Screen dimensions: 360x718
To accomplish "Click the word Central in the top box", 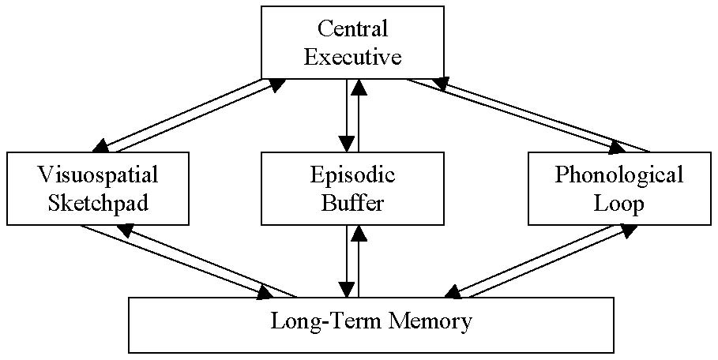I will pos(353,29).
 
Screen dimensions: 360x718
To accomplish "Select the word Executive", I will pos(353,57).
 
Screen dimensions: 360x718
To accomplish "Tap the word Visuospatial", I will pos(98,174).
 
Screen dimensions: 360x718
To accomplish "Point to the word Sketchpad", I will pos(98,203).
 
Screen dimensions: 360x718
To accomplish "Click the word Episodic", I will pos(353,174).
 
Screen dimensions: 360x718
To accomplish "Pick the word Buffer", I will pos(353,203).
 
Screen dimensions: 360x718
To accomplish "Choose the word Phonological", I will pos(618,174).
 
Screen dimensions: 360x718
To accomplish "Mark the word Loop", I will pos(618,203).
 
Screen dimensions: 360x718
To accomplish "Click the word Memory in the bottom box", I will pos(430,322).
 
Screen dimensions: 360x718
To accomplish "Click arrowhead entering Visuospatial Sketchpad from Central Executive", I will pos(102,146).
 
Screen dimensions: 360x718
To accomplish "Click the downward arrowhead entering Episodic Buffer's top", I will pos(347,144).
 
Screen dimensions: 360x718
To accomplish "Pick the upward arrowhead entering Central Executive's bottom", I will pos(359,86).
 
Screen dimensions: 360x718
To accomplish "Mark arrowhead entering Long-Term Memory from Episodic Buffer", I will pos(347,289).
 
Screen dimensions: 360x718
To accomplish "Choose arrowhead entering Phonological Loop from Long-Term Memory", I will pos(628,230).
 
